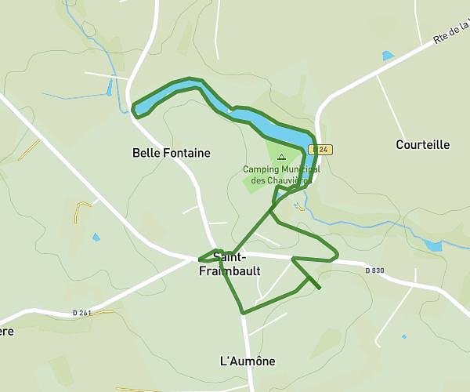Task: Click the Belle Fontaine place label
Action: tap(172, 153)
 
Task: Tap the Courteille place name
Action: tap(422, 144)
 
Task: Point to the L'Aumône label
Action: tap(248, 361)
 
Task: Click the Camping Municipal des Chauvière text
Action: tap(281, 174)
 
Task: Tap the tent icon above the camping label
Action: tap(282, 157)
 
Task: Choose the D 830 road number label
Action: tap(374, 271)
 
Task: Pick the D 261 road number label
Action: tap(81, 314)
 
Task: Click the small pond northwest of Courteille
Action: tap(388, 56)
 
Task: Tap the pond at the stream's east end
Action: tap(433, 245)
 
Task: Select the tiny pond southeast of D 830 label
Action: tap(404, 336)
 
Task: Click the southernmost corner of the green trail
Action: tap(243, 313)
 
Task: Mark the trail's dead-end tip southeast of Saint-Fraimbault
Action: tap(320, 288)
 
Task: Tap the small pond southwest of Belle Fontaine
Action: tap(96, 237)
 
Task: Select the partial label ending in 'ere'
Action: tap(7, 330)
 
